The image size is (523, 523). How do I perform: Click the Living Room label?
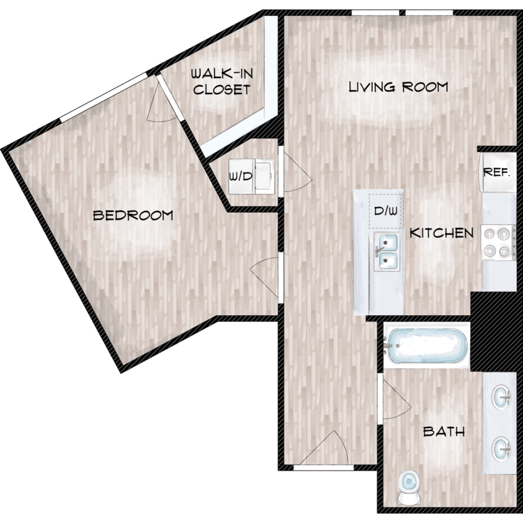[x=398, y=87]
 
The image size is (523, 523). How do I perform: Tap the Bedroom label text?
[x=132, y=215]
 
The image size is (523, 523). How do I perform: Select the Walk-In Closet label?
[x=222, y=82]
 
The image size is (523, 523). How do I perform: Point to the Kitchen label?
[x=441, y=233]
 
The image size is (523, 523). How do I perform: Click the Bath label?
[x=444, y=432]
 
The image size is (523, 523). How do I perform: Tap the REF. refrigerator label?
[x=497, y=172]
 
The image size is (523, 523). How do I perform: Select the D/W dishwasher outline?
[x=386, y=211]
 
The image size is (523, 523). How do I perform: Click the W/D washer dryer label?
[x=241, y=176]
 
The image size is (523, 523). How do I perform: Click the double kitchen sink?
[x=386, y=252]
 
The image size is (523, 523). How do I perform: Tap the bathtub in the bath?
[x=426, y=346]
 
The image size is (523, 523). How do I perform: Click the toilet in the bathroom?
[x=409, y=487]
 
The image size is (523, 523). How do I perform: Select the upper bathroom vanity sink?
[x=501, y=397]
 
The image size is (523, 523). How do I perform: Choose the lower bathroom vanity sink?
[x=501, y=450]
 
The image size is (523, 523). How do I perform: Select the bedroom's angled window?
[x=103, y=97]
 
